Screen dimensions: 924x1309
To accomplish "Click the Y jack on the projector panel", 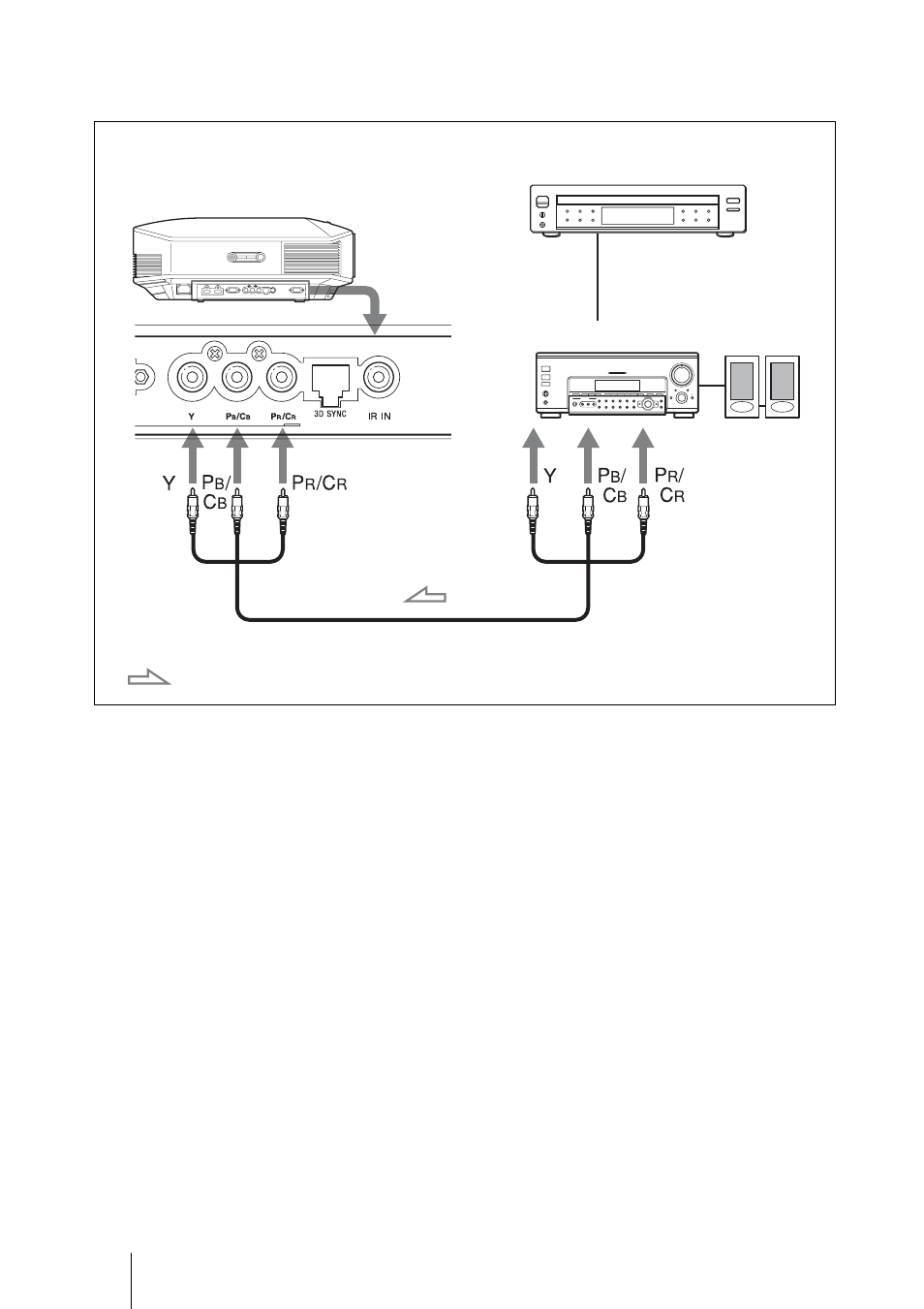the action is pos(191,376).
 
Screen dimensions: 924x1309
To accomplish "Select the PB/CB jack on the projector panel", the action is pos(237,376).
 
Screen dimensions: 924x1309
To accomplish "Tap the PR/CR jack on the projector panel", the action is pos(283,376).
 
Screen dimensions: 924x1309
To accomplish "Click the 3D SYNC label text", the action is pos(330,415).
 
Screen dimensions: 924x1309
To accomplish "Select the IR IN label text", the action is pos(379,417).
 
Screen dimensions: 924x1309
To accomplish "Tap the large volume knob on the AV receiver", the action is pos(683,373).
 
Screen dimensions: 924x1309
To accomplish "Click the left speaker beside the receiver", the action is pos(742,387).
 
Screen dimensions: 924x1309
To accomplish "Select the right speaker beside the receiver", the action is pos(782,387).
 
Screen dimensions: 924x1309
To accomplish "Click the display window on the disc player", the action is pos(637,215).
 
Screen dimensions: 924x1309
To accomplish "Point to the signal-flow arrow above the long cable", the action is pos(424,596).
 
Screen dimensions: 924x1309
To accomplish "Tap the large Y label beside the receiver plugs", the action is pos(550,477).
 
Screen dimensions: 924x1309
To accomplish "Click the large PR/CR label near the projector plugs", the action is pos(320,483).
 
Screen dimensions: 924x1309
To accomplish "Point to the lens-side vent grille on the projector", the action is pos(311,258).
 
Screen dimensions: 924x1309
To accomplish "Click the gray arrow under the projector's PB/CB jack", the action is pos(237,455).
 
